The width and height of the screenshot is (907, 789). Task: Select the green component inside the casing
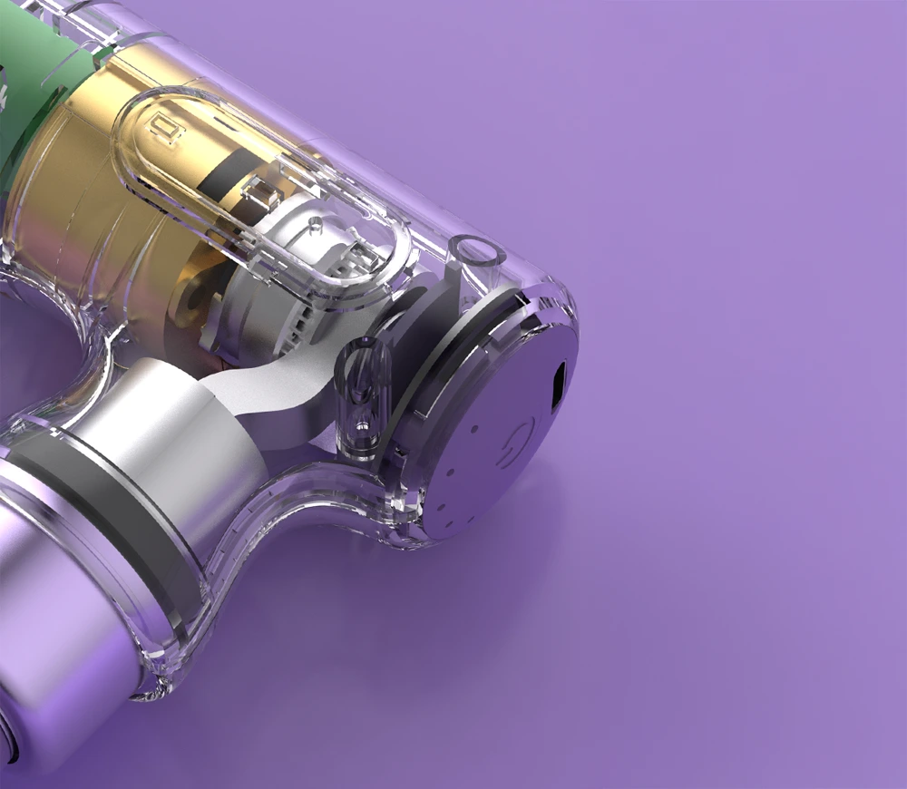point(45,91)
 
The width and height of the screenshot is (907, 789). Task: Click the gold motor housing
point(73,227)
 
